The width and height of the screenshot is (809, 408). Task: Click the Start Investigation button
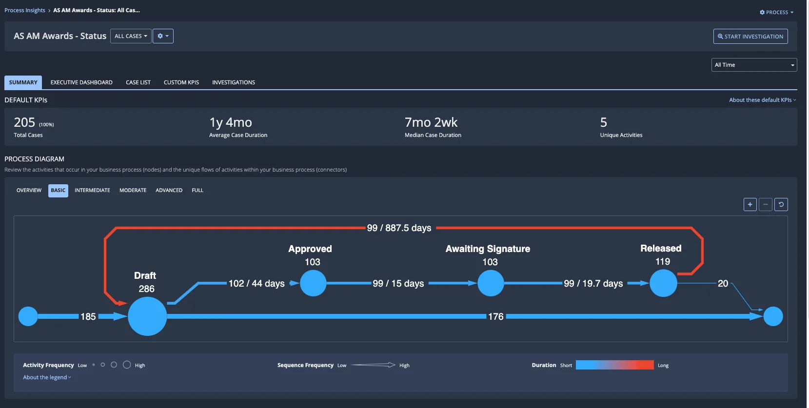[750, 37]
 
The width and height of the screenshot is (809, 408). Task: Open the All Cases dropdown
[131, 36]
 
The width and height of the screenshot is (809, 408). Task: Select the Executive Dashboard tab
[81, 82]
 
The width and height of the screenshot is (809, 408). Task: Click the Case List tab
[138, 82]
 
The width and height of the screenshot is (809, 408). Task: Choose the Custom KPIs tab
[181, 82]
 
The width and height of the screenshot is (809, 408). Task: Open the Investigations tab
[234, 82]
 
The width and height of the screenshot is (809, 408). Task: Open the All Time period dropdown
[754, 65]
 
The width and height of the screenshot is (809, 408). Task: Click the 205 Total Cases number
[24, 122]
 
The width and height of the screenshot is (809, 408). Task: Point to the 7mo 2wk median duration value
[431, 122]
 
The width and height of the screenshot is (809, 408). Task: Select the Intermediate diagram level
[92, 191]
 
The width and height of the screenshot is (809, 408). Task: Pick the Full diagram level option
[197, 191]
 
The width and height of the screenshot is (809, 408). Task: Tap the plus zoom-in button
[750, 205]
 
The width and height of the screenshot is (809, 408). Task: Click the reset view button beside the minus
[781, 205]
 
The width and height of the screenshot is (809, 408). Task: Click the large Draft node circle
[147, 316]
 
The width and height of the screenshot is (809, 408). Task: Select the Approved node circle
[313, 283]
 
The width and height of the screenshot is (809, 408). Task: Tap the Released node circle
[663, 283]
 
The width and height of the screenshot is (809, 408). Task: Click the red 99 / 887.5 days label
[399, 228]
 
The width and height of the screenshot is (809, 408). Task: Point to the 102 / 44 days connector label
[257, 284]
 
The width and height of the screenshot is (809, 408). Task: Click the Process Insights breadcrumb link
[25, 10]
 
